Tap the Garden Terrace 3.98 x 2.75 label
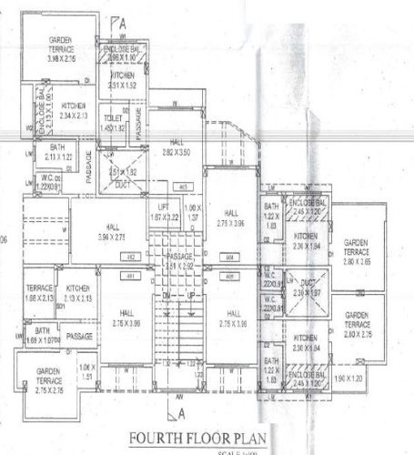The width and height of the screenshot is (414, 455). (x=62, y=47)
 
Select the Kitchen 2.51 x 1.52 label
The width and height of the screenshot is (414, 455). (x=123, y=80)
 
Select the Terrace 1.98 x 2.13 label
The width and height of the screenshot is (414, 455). (x=39, y=291)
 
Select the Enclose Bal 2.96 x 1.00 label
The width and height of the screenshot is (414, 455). (x=123, y=53)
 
